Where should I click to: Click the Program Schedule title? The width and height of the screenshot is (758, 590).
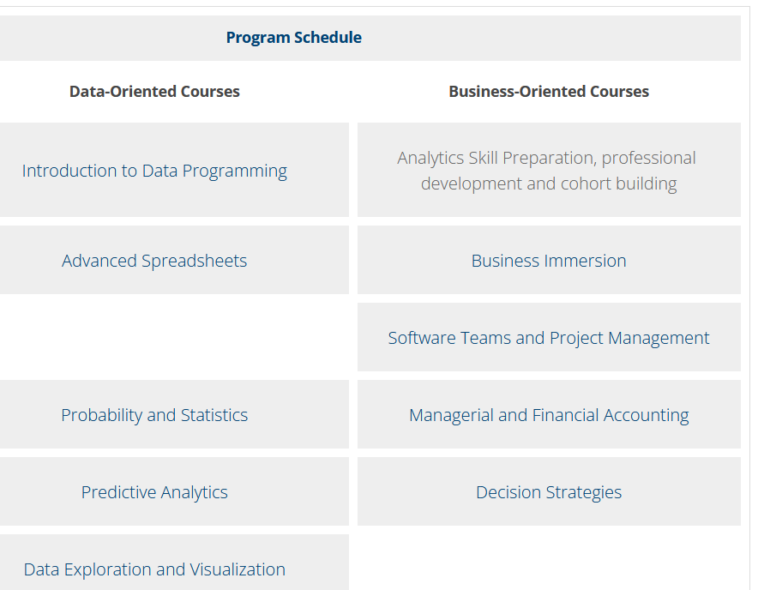294,38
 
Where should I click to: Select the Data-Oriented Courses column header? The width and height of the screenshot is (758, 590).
154,92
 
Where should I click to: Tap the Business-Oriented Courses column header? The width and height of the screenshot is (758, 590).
549,92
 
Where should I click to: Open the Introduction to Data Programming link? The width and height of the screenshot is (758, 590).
154,171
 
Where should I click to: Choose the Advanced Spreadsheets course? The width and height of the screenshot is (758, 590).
154,261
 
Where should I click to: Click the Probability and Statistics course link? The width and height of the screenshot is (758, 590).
154,415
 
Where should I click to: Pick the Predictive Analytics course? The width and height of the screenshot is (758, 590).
154,492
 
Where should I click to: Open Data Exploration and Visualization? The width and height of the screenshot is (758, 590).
154,569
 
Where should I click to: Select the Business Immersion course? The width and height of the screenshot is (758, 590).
549,261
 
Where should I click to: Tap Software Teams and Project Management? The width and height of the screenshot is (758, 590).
549,338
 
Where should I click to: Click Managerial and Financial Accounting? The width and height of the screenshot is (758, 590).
549,415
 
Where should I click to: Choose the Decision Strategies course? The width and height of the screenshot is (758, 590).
549,492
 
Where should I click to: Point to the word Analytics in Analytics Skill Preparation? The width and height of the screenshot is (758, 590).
424,158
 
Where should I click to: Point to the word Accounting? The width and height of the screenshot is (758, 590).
646,415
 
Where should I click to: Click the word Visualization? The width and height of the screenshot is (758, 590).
238,569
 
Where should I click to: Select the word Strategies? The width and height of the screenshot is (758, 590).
583,492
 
